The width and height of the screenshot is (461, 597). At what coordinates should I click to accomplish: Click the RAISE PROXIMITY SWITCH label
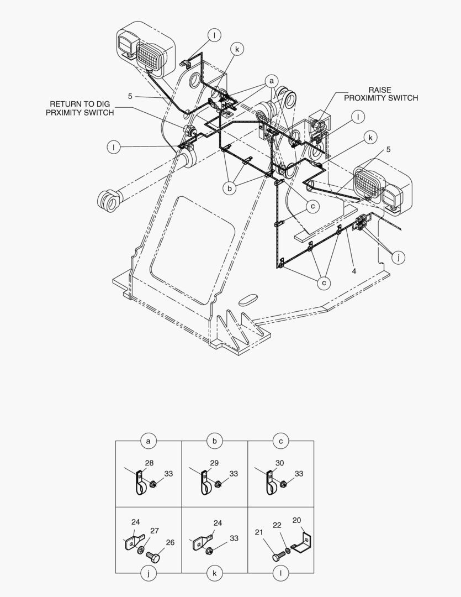[x=381, y=94]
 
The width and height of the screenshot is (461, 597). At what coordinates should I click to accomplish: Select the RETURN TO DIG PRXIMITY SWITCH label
[x=82, y=108]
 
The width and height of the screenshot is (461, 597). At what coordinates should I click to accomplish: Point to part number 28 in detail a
[x=149, y=463]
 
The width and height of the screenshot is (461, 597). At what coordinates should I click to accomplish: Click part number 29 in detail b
[x=214, y=463]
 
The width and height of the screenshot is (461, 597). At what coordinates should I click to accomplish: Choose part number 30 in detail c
[x=280, y=463]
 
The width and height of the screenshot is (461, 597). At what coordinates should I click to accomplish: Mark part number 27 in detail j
[x=155, y=531]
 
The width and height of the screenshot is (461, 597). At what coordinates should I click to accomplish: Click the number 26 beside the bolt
[x=169, y=542]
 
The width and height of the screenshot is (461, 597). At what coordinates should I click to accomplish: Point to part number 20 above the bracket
[x=296, y=520]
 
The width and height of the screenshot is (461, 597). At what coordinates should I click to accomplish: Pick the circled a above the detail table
[x=148, y=441]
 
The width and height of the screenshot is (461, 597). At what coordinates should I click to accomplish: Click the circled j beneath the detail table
[x=148, y=574]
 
